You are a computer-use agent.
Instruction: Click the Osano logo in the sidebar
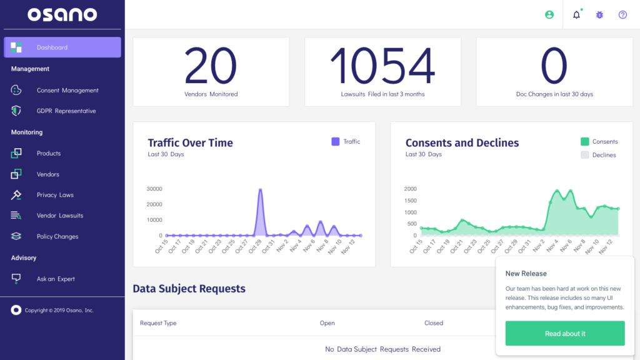click(x=62, y=14)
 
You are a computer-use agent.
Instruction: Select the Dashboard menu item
click(x=52, y=47)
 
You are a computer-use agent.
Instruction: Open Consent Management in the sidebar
click(x=67, y=91)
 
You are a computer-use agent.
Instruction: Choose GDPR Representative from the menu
click(x=66, y=111)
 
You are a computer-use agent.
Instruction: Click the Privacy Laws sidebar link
click(x=55, y=195)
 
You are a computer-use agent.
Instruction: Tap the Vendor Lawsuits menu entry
click(x=60, y=216)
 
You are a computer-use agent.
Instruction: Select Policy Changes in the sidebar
click(x=57, y=237)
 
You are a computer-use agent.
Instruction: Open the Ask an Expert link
click(x=56, y=279)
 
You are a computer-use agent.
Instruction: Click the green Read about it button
click(x=564, y=333)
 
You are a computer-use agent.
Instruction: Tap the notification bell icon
click(x=576, y=14)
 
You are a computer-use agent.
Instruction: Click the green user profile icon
click(x=549, y=14)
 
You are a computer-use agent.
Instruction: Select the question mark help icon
click(x=622, y=14)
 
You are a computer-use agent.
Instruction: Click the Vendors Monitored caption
click(x=211, y=94)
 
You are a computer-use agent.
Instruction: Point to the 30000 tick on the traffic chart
click(x=154, y=189)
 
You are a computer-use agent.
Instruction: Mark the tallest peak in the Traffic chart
click(x=260, y=190)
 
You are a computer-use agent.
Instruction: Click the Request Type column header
click(x=158, y=323)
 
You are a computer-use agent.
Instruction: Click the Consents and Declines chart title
click(x=462, y=143)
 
